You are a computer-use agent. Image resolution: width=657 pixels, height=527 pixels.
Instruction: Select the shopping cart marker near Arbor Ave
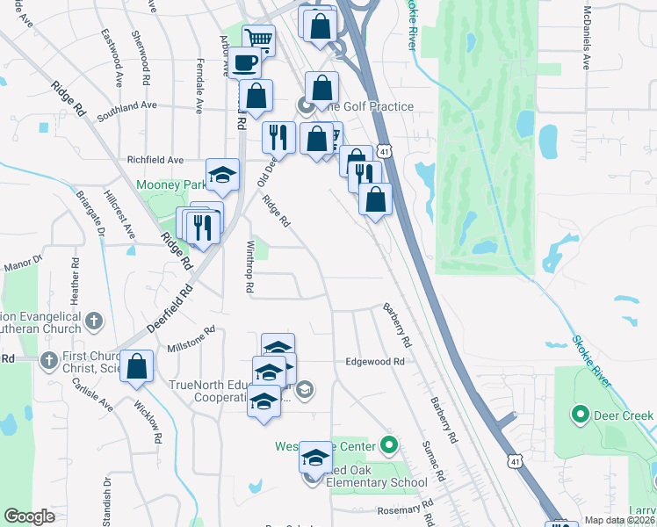259,40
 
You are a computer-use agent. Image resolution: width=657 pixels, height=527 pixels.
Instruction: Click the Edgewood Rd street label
375,361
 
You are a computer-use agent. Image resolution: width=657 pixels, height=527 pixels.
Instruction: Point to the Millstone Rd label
191,340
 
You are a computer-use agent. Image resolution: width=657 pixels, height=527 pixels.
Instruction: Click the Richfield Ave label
155,160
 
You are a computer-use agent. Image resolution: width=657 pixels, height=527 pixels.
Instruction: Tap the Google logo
29,516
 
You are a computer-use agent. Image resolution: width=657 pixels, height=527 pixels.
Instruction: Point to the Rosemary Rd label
406,509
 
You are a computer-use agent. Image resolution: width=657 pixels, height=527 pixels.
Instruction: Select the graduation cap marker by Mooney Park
223,175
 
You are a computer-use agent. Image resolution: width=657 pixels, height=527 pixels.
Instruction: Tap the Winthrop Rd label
250,267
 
